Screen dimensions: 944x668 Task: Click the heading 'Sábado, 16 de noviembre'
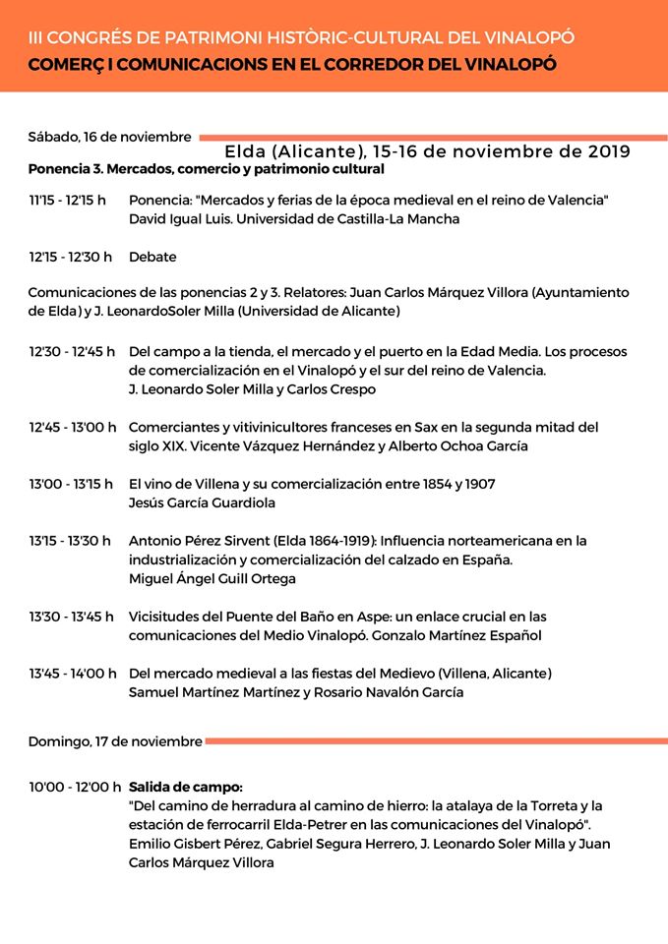tap(109, 136)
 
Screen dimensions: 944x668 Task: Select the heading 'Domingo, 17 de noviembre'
tap(115, 740)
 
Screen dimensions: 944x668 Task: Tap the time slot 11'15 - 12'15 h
tap(67, 201)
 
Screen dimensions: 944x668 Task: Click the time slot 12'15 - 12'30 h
tap(70, 257)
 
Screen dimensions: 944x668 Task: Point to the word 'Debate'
tap(152, 257)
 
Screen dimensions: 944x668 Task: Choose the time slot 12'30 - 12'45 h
tap(72, 351)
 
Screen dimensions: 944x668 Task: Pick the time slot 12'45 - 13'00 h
tap(73, 427)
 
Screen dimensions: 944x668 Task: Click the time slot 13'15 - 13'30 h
tap(70, 540)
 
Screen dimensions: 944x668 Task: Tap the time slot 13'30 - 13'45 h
tap(72, 617)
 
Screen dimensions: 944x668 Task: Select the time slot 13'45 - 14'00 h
tap(73, 674)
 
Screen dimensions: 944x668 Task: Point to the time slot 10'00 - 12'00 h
tap(75, 787)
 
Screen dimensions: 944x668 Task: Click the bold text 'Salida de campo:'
tap(185, 787)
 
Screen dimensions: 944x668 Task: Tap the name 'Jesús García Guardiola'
tap(202, 502)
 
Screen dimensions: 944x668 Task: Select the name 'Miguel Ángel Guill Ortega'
tap(213, 578)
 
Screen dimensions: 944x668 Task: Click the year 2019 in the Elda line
tap(609, 152)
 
